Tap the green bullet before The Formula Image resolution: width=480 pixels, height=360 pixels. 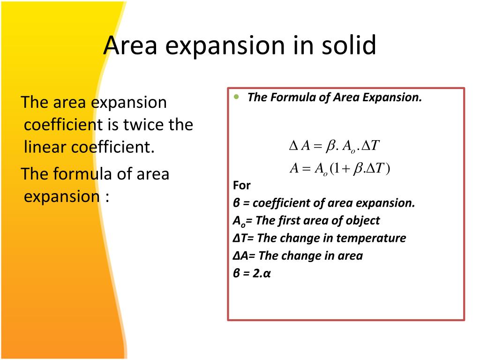tap(237, 97)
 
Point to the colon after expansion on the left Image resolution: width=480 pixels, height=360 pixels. tap(107, 196)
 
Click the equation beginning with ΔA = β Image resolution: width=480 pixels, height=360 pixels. tap(334, 146)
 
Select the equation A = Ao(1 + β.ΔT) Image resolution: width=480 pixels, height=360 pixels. tap(340, 168)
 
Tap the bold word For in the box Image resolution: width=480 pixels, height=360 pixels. tap(242, 185)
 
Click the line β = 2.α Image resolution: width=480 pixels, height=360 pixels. tap(252, 273)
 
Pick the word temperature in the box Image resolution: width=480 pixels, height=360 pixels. tap(377, 238)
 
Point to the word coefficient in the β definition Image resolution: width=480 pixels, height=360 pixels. tap(279, 203)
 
